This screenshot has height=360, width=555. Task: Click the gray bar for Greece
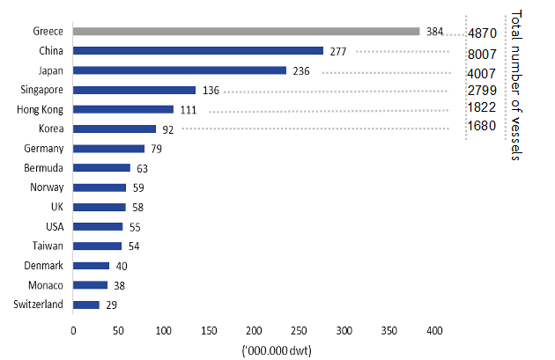(x=247, y=32)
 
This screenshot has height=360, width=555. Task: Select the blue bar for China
(x=198, y=51)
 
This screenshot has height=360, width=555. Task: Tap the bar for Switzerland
(x=86, y=305)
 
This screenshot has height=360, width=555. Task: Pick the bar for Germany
(x=108, y=149)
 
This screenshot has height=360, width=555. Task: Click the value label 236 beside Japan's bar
(x=301, y=71)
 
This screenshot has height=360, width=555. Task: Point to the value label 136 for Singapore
(x=211, y=91)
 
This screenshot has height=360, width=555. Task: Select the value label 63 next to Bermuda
(x=143, y=169)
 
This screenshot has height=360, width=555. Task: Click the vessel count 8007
(x=482, y=55)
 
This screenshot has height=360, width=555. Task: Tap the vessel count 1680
(x=482, y=126)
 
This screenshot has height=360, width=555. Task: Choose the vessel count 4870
(x=483, y=33)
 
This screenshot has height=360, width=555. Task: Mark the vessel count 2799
(x=482, y=91)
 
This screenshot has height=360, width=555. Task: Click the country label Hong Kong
(x=40, y=110)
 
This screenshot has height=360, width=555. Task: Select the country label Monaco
(x=46, y=285)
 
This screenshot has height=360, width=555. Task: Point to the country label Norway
(x=47, y=187)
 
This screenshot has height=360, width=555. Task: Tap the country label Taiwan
(x=48, y=246)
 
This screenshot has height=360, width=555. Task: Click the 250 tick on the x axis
(x=300, y=331)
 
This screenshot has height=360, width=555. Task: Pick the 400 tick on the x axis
(x=434, y=331)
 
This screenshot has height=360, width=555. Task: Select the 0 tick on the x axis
(x=73, y=331)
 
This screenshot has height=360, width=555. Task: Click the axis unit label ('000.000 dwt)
(x=277, y=351)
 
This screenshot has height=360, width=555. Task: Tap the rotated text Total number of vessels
(x=516, y=85)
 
